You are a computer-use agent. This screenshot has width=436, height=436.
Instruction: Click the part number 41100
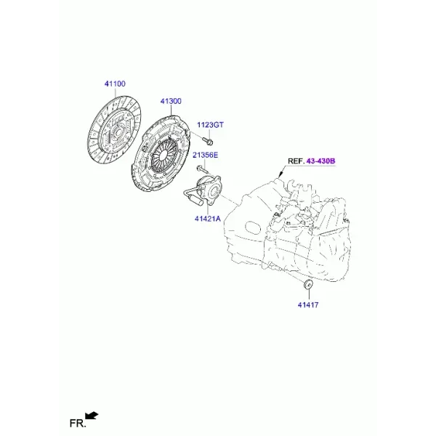pos(115,84)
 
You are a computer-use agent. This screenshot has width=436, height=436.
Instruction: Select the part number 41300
pos(171,101)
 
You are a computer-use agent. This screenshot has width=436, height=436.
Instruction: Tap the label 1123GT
pos(210,125)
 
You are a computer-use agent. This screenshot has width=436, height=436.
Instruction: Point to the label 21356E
pos(206,155)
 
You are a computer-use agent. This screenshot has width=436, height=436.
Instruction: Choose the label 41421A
pos(207,219)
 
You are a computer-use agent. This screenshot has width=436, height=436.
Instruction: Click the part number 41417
pos(308,305)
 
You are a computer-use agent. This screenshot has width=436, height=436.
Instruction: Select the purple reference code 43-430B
pos(320,161)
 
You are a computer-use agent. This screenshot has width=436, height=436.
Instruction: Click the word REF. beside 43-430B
pos(296,161)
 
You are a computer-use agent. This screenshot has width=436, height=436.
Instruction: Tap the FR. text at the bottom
pos(78,424)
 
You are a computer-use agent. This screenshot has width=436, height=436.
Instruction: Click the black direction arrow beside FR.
pos(92,416)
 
